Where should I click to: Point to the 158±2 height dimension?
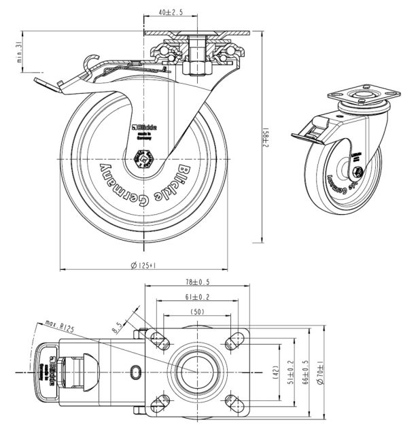point(268,142)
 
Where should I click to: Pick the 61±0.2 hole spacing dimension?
point(196,298)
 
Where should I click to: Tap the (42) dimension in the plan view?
point(275,372)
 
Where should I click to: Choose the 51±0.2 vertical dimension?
point(291,372)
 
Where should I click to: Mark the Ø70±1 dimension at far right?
point(322,372)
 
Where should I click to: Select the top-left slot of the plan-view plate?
point(163,340)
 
